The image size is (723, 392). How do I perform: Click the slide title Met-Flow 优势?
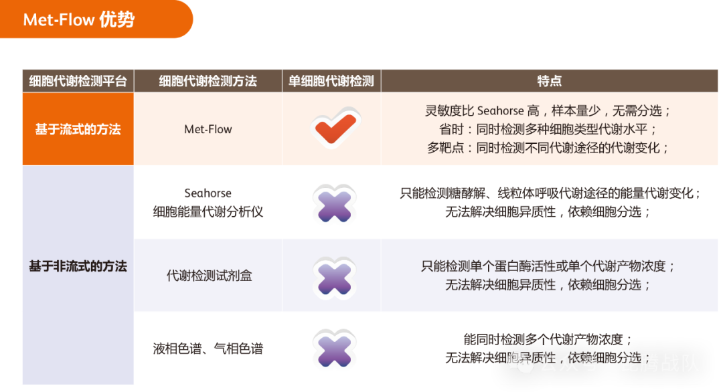(x=79, y=20)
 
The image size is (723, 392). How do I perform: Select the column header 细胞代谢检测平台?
(x=78, y=81)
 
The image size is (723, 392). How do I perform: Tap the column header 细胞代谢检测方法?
(x=208, y=81)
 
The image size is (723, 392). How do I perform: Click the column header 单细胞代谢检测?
(x=331, y=81)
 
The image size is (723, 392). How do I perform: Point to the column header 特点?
(x=549, y=81)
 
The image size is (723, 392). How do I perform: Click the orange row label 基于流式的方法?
(x=78, y=129)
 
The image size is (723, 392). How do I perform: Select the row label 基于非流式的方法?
(x=78, y=266)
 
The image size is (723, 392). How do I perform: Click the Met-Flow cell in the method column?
(x=208, y=129)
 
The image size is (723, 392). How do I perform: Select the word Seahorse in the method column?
(x=208, y=193)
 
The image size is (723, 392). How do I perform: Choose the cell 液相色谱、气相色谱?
(x=208, y=349)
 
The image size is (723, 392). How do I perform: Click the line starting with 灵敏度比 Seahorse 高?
(x=548, y=111)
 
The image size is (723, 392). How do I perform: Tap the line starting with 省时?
(x=548, y=129)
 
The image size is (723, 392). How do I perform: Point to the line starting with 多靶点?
(x=548, y=148)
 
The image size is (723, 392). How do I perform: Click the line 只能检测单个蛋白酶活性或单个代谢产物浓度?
(x=548, y=266)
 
